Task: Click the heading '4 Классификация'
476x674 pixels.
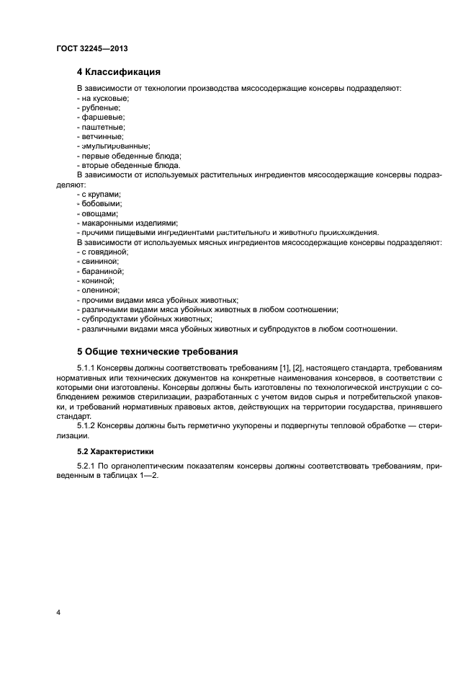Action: tap(119, 72)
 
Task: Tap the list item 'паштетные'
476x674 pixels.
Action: tap(102, 127)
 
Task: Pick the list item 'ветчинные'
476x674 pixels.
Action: tap(102, 136)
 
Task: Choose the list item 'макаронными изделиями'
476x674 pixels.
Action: tap(128, 223)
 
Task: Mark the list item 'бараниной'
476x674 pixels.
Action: tap(102, 271)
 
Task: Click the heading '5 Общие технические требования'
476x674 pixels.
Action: tap(157, 352)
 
